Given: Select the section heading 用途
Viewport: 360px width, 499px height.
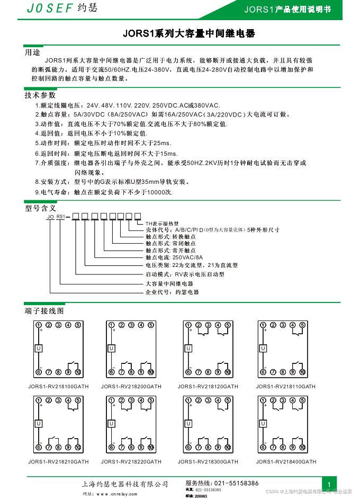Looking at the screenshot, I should coord(32,53).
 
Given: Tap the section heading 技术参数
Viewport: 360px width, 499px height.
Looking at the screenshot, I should coord(40,95).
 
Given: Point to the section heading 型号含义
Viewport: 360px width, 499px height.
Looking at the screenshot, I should coord(40,208).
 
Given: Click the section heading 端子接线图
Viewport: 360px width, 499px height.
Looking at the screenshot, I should coord(44,310).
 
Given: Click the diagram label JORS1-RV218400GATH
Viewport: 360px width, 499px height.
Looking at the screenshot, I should coord(286,462).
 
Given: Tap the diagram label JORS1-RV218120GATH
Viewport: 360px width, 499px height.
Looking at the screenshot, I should coord(208,387).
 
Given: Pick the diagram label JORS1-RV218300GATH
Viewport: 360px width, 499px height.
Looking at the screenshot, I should coord(208,462).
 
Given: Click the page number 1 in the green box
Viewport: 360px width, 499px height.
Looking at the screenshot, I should coord(329,485).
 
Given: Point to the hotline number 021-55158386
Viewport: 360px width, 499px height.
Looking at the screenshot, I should coord(236,483).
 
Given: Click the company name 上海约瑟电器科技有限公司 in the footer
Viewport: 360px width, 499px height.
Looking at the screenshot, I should coord(125,484).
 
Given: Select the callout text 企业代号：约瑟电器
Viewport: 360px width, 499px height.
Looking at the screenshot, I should coord(172,292).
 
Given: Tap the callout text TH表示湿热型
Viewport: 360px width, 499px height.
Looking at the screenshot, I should coord(163,224).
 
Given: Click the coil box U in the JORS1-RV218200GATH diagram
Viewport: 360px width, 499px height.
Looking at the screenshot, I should coord(111,348).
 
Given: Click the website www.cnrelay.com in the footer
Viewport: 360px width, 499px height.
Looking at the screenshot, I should coord(116,494).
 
